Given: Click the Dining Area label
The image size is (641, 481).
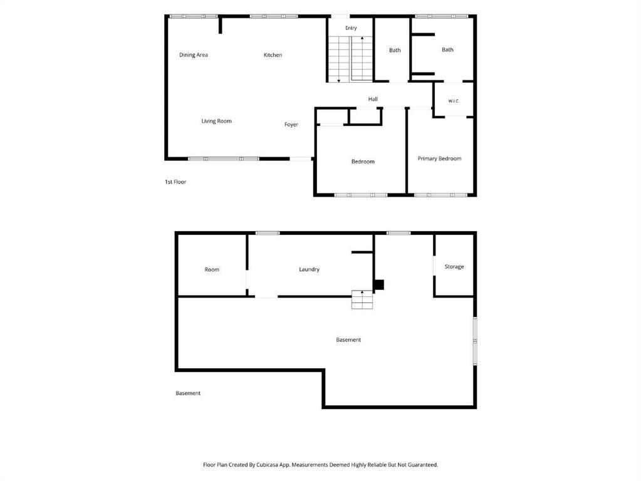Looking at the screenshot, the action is point(194,54).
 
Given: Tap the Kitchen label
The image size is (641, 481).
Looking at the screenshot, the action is point(273,54).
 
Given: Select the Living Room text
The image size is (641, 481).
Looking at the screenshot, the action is point(216,121).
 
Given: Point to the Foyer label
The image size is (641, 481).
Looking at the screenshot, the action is point(291,125).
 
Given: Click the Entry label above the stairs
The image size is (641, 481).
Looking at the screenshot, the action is point(351,28).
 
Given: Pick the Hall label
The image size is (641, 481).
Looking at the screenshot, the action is point(373,99).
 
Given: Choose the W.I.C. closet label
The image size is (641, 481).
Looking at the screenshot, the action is point(454,101).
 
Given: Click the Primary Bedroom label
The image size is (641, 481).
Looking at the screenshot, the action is point(439,158).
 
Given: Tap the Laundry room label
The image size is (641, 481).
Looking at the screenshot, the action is point(309,269).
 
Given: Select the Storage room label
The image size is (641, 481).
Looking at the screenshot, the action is point(454,266).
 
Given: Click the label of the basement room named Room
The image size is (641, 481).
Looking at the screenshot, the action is point(212,270).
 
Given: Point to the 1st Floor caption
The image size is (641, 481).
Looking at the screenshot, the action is point(175,182).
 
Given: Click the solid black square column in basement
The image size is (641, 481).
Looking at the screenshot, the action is point(379,285).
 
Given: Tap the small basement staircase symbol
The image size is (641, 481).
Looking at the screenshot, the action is point(362,299).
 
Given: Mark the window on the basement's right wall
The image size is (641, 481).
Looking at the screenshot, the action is point(474,341).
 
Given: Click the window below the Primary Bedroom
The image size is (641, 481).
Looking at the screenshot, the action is point(440,195).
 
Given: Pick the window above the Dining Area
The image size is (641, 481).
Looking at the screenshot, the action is point(194,16).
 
